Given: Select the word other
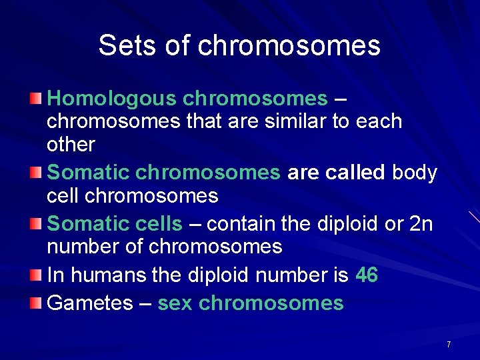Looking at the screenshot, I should (71, 144).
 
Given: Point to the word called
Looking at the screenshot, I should (355, 173).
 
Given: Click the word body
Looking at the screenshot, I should (415, 173).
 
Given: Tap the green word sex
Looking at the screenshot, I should (175, 303).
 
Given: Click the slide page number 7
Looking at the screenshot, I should (449, 345).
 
